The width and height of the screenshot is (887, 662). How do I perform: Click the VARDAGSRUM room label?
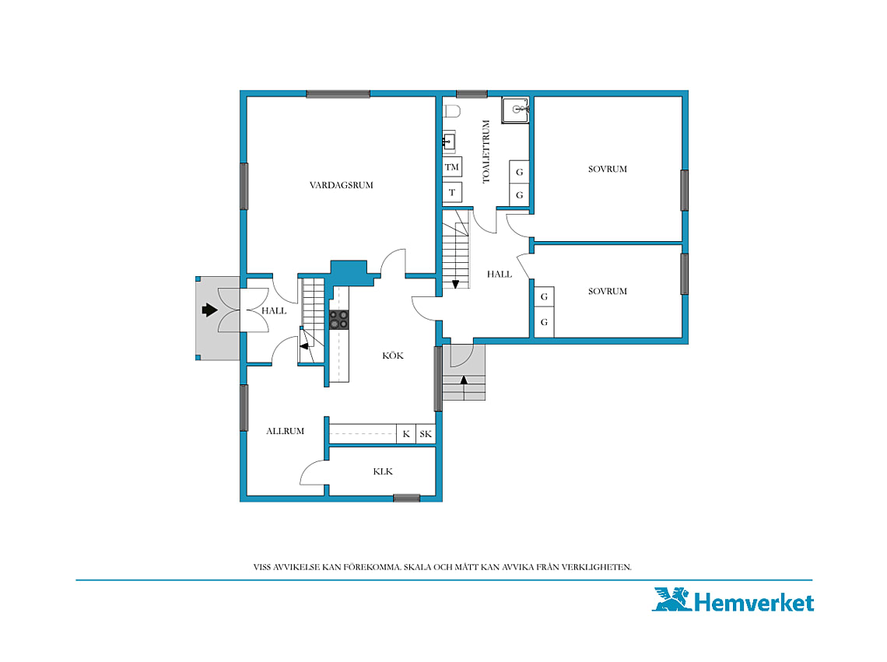[341, 185]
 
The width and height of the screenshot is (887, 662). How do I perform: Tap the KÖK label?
[393, 356]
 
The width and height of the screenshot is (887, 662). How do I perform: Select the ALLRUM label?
[285, 431]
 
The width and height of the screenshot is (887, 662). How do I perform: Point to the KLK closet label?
[383, 471]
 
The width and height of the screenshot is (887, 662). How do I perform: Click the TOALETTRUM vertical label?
[486, 152]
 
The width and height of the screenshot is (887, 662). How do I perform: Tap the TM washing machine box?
[452, 167]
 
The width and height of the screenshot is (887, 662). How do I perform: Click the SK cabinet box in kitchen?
[426, 434]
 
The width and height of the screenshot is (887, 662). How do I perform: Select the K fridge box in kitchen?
[406, 434]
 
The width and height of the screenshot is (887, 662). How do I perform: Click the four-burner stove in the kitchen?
[339, 320]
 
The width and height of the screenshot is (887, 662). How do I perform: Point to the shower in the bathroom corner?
[515, 110]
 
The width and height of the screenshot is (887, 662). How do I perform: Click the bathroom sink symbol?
[449, 142]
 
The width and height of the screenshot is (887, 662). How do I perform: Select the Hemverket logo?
[734, 601]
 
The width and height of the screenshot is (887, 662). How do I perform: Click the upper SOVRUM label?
[608, 169]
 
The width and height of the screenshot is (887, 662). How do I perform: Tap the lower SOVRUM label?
[608, 292]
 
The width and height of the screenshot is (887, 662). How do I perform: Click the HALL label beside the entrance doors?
[274, 310]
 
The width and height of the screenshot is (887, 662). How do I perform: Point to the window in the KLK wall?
[407, 499]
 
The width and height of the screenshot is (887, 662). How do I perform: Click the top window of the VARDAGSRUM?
[338, 94]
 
